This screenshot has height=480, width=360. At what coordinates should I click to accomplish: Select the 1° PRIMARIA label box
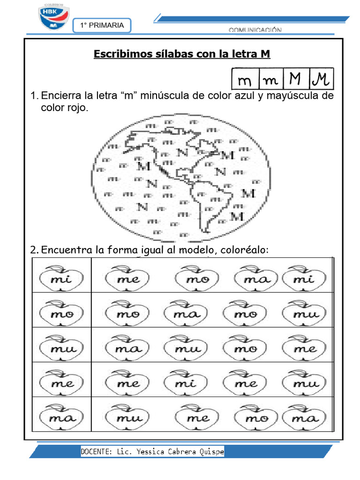point(102,26)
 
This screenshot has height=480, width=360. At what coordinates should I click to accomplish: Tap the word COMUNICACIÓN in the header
point(255,30)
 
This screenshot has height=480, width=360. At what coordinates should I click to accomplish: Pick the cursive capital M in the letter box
point(321,79)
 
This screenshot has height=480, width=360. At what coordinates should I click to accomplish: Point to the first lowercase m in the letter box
point(245,80)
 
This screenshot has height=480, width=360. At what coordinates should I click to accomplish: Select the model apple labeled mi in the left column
point(61,279)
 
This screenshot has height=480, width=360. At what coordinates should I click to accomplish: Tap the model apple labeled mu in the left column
point(61,349)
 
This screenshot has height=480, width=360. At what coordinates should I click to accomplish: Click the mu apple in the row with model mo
point(306,314)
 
